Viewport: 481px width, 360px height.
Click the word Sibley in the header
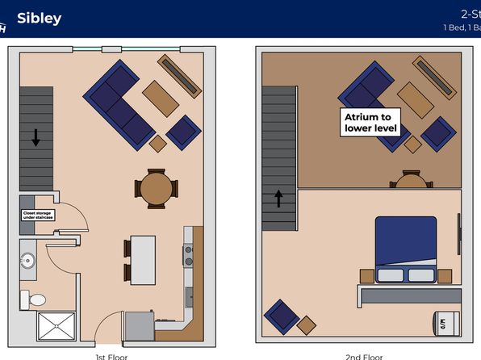click(x=39, y=18)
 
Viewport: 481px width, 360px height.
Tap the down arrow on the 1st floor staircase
click(x=36, y=136)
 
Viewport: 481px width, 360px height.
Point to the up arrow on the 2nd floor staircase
click(x=279, y=198)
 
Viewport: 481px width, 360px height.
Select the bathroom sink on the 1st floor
click(x=29, y=261)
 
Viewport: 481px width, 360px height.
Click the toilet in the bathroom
click(x=35, y=299)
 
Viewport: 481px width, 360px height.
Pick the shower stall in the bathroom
click(x=56, y=327)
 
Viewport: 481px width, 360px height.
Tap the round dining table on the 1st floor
click(x=155, y=188)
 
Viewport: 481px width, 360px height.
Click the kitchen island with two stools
click(x=142, y=258)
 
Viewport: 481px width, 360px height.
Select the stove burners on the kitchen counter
click(x=190, y=256)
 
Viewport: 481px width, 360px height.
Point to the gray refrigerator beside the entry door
click(x=139, y=327)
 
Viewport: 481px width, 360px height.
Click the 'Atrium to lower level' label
click(x=366, y=122)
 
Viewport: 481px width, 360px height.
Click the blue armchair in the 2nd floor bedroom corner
click(x=282, y=317)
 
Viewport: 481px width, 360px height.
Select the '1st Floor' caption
click(x=111, y=356)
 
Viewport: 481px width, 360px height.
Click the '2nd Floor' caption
click(x=363, y=356)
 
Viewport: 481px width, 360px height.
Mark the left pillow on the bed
click(x=390, y=274)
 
